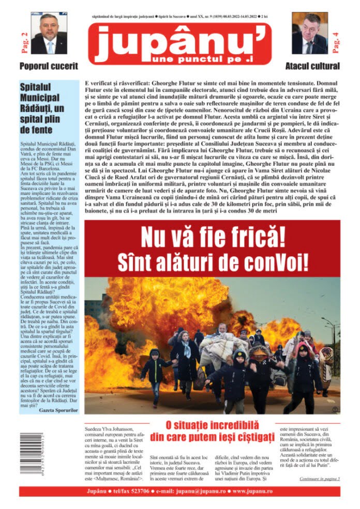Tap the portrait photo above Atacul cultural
click(309, 33)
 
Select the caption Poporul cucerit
click(49, 66)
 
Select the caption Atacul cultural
click(312, 66)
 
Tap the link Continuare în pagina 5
click(319, 479)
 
